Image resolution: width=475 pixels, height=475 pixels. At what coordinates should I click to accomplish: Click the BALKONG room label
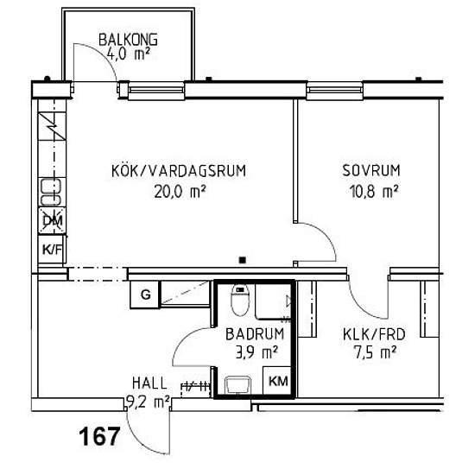pos(128,40)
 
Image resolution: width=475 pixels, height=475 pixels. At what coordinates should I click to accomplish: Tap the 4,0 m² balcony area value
pos(128,54)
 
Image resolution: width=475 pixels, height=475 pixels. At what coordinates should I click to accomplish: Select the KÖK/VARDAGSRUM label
pos(179,170)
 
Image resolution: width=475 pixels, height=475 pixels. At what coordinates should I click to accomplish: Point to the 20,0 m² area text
pos(180,192)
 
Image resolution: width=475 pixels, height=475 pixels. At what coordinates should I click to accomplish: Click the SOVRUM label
pos(371,170)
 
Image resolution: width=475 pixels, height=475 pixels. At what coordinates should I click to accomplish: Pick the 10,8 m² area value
pos(373,192)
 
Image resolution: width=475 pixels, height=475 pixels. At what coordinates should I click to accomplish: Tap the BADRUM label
pos(255,334)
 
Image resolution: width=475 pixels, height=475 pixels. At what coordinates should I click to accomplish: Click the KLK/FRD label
pos(374,334)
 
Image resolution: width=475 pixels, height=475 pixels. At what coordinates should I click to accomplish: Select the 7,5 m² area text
pos(375,352)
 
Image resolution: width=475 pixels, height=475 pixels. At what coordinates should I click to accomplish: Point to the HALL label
pos(149,383)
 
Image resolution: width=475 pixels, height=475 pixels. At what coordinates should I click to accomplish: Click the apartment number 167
pos(99,436)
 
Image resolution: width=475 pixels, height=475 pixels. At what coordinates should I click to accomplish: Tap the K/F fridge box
pos(52,250)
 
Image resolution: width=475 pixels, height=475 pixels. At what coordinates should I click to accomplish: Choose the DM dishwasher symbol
pos(52,220)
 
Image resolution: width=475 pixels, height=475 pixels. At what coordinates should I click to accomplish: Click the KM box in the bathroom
pos(278,381)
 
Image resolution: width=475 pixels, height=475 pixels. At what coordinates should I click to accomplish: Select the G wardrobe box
pos(145,294)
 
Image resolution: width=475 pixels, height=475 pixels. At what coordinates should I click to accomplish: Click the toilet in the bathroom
pos(240,300)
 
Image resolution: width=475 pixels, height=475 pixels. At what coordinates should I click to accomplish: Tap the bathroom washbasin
pos(237,384)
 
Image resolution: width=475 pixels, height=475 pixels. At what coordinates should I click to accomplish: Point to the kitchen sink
pos(51,193)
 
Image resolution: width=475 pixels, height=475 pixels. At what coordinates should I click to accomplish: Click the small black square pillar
pos(243,260)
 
